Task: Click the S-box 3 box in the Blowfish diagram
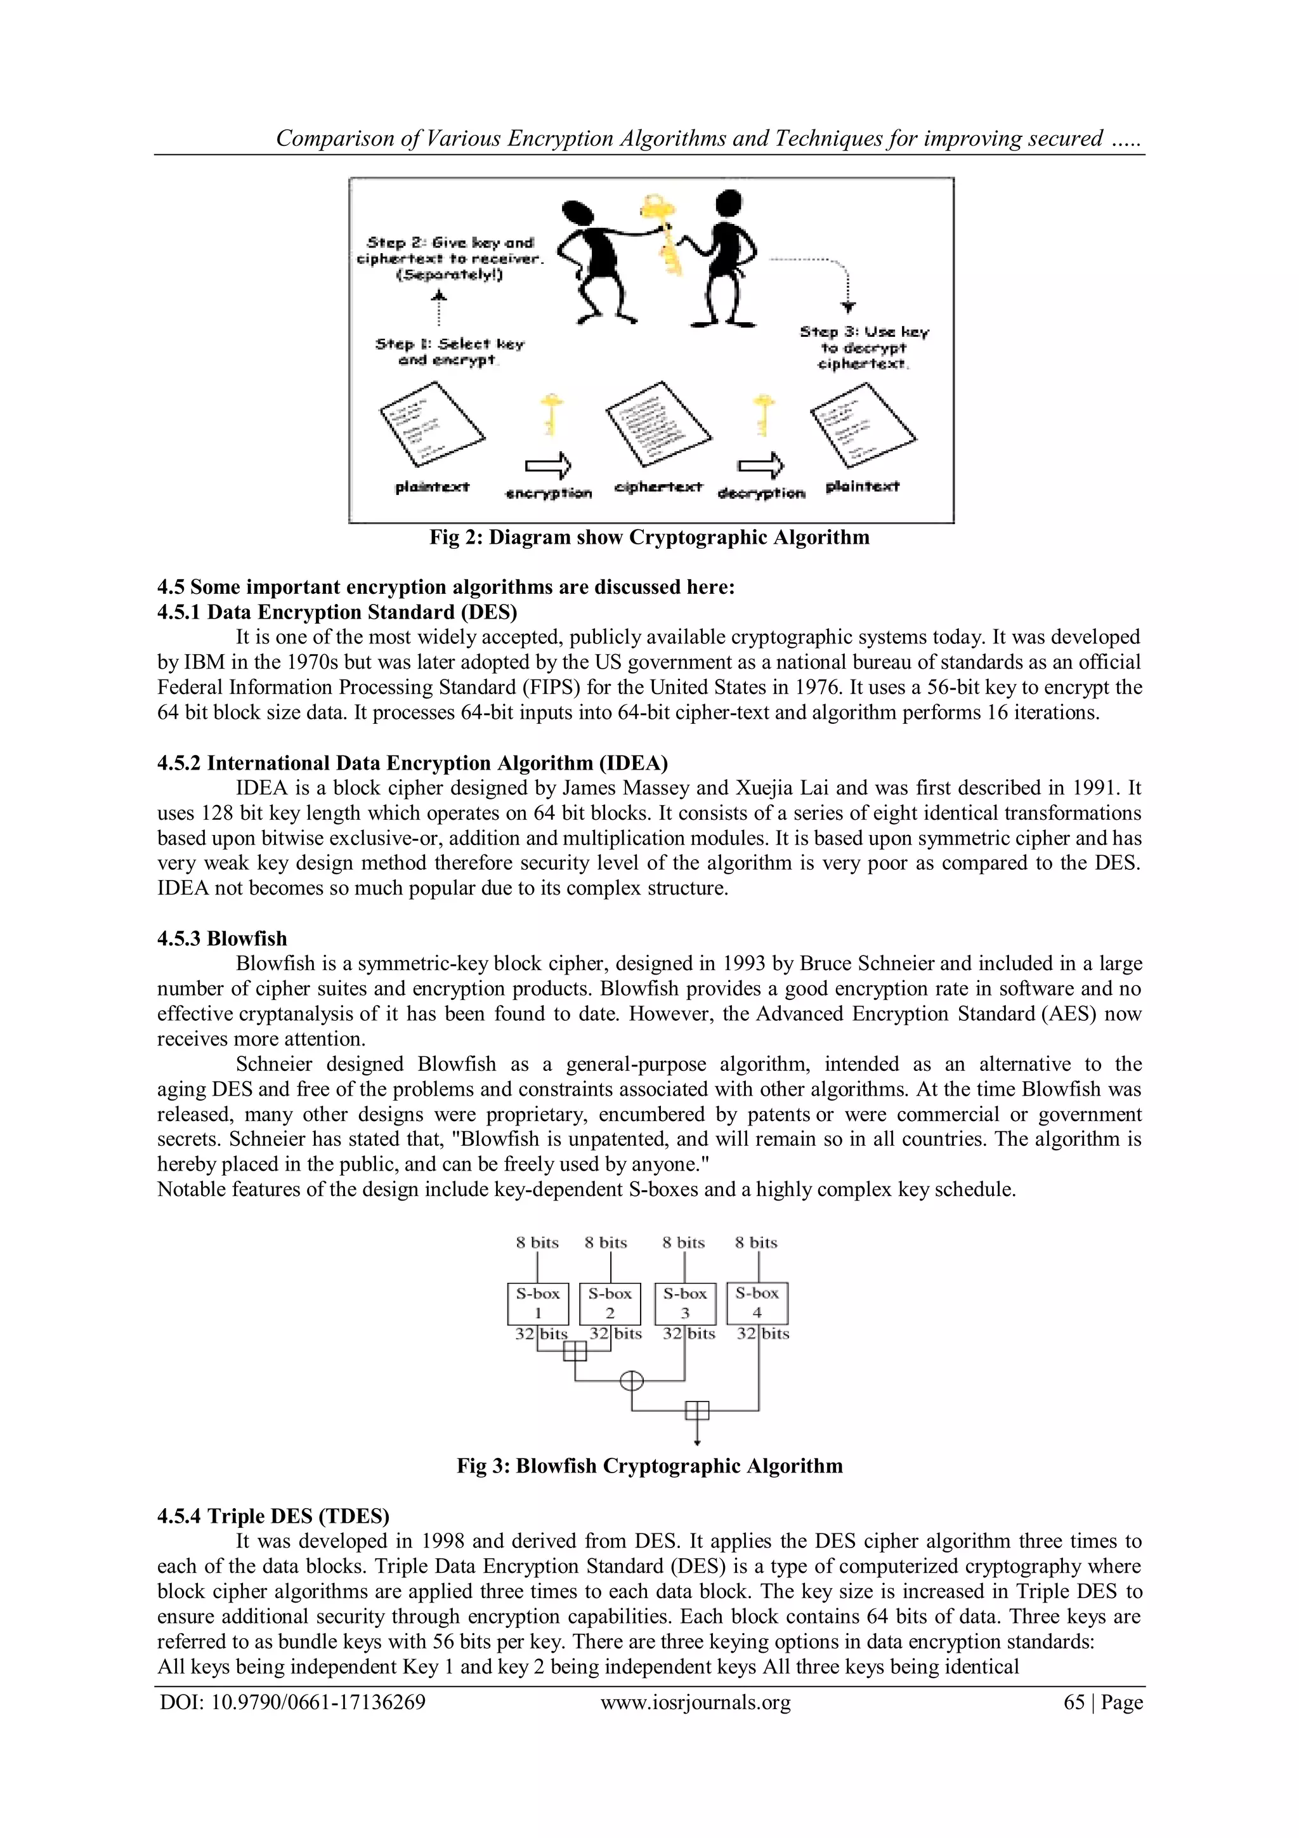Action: click(x=684, y=1303)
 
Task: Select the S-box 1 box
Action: click(x=538, y=1303)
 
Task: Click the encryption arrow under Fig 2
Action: click(x=548, y=465)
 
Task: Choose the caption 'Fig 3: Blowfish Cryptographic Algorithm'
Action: click(x=649, y=1465)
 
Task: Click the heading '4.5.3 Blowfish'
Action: click(x=222, y=938)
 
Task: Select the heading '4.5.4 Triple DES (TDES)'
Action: click(x=273, y=1516)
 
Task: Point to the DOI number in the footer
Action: click(x=292, y=1702)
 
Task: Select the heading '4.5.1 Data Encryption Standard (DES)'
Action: click(x=336, y=612)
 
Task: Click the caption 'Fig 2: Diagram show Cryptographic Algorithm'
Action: click(x=649, y=537)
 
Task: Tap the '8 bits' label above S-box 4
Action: click(x=755, y=1242)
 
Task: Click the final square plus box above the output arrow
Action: click(x=697, y=1410)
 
